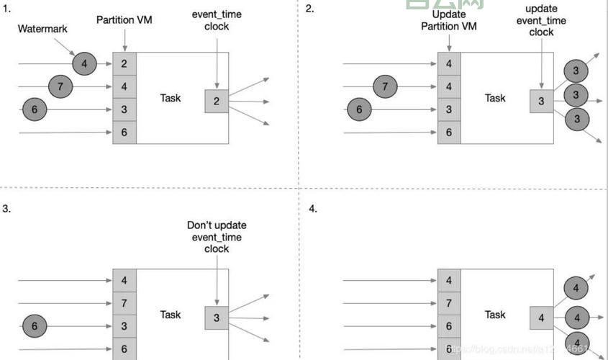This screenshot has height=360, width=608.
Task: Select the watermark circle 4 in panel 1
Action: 84,64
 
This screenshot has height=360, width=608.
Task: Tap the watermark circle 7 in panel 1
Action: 60,87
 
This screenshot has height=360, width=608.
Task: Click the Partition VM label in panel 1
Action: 124,20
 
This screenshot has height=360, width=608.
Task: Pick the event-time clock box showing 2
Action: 216,102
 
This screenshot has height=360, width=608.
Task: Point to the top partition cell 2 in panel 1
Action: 124,64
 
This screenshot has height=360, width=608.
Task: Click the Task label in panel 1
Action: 171,98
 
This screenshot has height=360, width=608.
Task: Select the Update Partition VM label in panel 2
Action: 449,21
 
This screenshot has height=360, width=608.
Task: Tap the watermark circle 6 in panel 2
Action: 360,109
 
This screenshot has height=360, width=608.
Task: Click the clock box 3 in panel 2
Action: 541,102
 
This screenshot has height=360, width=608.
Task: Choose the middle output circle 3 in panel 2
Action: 576,95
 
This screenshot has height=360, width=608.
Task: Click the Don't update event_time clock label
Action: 217,237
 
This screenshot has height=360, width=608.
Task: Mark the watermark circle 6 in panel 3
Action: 35,325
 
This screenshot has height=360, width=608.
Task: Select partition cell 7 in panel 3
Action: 124,303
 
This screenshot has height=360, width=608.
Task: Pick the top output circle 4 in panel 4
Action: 576,289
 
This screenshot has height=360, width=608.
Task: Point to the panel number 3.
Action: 6,209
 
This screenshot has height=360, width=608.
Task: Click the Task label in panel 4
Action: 495,315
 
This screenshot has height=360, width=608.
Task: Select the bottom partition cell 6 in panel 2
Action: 449,132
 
